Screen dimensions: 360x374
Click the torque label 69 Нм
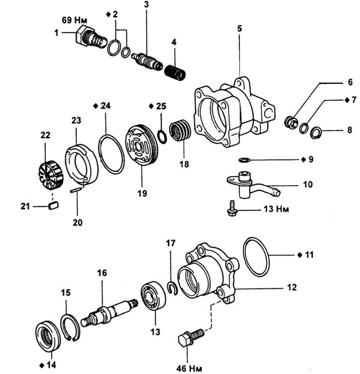[74, 20]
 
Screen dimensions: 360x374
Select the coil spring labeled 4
[175, 73]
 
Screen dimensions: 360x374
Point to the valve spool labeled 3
[147, 61]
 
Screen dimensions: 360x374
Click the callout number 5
[240, 28]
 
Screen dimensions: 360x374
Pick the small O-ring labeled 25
[162, 137]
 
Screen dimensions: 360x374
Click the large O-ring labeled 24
[111, 154]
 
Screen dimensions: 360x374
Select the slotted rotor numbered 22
[51, 175]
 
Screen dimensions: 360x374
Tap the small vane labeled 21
[53, 205]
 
